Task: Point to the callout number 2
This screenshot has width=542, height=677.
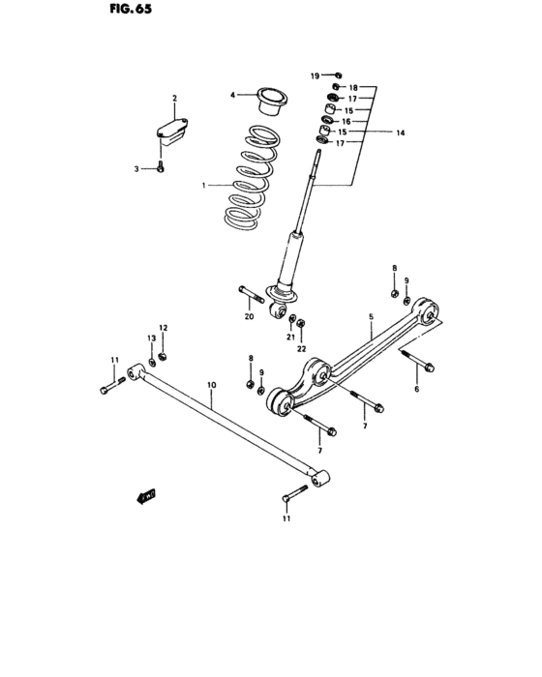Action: (x=174, y=99)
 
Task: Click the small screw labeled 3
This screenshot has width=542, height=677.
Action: (x=161, y=168)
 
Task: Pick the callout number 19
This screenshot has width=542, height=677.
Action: (x=315, y=74)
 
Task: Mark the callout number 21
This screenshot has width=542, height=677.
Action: (x=289, y=338)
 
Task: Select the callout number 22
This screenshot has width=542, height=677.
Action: (x=301, y=348)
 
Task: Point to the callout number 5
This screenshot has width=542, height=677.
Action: (x=371, y=316)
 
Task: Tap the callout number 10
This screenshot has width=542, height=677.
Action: (x=211, y=385)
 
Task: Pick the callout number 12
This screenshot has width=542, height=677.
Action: (x=164, y=329)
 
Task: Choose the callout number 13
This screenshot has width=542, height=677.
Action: (x=151, y=338)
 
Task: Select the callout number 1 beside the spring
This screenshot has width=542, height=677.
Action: (x=204, y=184)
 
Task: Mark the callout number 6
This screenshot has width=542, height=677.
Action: (x=417, y=389)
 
